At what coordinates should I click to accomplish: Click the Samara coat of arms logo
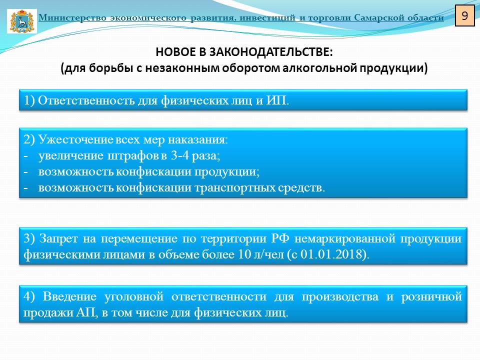pyautogui.click(x=21, y=21)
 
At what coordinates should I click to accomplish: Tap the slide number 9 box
pyautogui.click(x=464, y=15)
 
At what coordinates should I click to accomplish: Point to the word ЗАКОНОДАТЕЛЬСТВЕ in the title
pyautogui.click(x=271, y=52)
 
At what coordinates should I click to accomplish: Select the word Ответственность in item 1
pyautogui.click(x=86, y=100)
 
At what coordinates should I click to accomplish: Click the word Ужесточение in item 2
pyautogui.click(x=76, y=139)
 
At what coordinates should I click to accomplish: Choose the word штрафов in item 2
pyautogui.click(x=133, y=156)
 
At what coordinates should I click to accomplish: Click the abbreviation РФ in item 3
pyautogui.click(x=280, y=238)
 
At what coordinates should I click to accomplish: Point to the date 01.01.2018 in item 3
pyautogui.click(x=333, y=254)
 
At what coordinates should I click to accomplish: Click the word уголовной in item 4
pyautogui.click(x=134, y=296)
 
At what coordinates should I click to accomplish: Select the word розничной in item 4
pyautogui.click(x=431, y=296)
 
